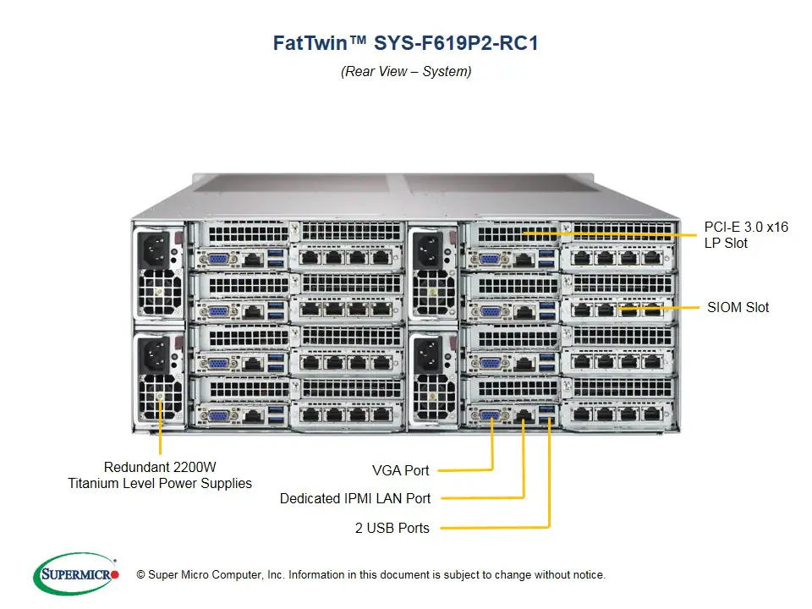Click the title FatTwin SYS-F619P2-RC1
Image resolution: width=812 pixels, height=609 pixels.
point(405,43)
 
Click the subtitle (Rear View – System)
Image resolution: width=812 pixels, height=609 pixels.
point(406,71)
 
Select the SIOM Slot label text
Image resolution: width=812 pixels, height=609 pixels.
point(738,307)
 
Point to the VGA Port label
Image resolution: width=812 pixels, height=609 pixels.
point(400,470)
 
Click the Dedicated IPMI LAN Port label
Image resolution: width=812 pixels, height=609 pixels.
point(354,498)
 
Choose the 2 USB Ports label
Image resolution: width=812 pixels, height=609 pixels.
point(392,528)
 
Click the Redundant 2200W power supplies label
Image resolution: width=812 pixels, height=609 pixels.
point(160,475)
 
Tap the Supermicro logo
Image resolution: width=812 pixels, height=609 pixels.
point(75,574)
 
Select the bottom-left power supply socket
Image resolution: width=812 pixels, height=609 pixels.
point(158,354)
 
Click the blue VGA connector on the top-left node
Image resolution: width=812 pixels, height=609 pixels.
point(217,260)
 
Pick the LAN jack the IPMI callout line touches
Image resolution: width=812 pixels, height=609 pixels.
point(524,414)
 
